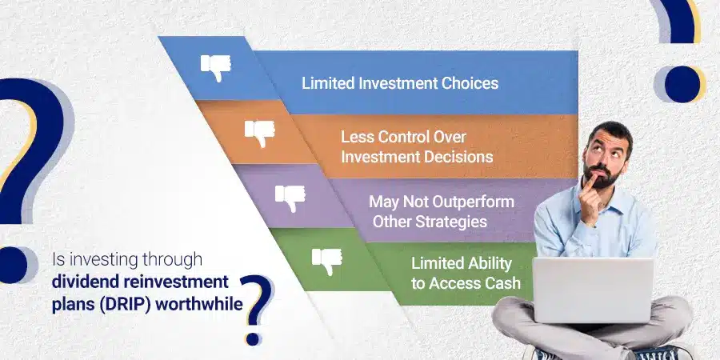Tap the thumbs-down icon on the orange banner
pos(259,132)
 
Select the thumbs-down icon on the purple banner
pos(290,197)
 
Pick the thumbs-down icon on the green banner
pos(326,260)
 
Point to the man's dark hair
pos(607,130)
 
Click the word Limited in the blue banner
pos(326,83)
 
